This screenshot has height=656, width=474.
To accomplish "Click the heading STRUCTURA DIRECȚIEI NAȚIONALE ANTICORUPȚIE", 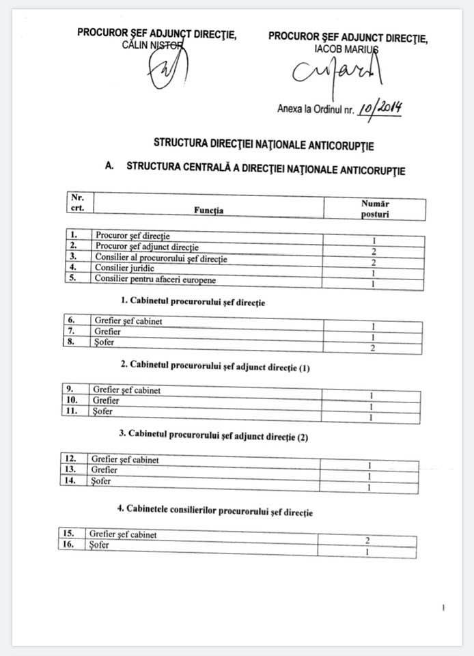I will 264,144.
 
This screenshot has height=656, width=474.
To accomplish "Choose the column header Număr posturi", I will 375,209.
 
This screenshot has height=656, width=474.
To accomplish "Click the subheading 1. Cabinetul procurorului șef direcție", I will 193,301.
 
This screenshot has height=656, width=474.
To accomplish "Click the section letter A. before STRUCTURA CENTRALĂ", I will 109,167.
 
